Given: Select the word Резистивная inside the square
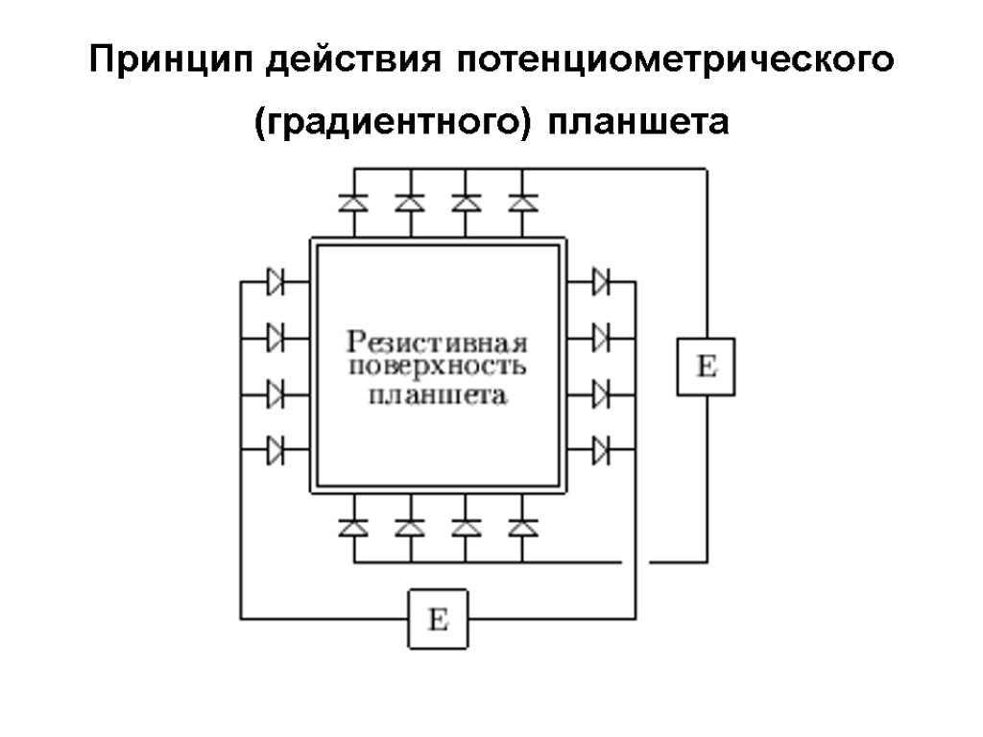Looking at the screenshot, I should click(x=438, y=342).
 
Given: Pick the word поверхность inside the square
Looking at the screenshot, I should click(x=438, y=368).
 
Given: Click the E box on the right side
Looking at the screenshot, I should click(x=706, y=367).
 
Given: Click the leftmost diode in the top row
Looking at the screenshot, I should click(x=354, y=203).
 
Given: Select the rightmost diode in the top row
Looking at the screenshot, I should click(x=522, y=203).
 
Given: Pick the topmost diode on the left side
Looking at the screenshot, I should click(x=276, y=282).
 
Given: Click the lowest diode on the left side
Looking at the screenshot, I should click(x=276, y=449).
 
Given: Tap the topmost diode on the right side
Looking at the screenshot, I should click(x=601, y=282).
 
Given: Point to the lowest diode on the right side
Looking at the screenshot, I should click(x=601, y=449).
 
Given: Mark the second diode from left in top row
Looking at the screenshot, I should click(x=410, y=203).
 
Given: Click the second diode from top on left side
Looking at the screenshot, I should click(x=276, y=338).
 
